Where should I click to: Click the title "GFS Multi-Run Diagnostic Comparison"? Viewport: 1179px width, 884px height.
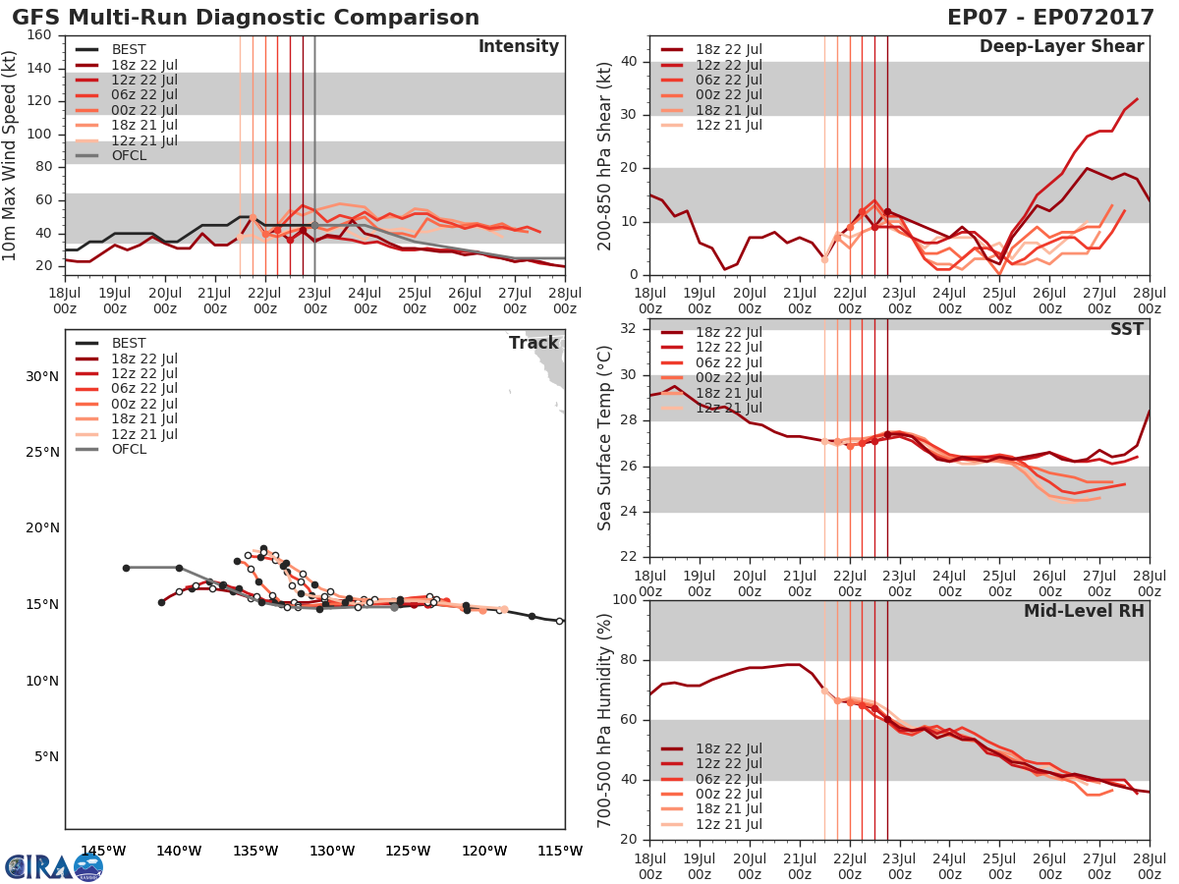click(x=246, y=18)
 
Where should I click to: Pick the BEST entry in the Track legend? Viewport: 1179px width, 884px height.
click(x=129, y=343)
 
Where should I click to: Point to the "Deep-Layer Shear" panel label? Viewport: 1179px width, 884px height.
click(x=1061, y=47)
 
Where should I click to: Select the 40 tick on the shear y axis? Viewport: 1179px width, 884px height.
click(x=630, y=62)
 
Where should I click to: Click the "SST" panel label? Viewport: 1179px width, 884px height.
click(x=1127, y=329)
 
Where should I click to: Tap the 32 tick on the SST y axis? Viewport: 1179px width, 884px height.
click(x=630, y=329)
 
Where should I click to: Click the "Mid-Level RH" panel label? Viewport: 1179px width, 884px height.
click(x=1084, y=611)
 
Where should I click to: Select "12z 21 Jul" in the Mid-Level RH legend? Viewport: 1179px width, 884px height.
click(x=727, y=825)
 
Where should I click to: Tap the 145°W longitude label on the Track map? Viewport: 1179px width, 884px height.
click(x=103, y=851)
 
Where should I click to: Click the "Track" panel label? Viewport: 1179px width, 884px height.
click(x=533, y=343)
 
